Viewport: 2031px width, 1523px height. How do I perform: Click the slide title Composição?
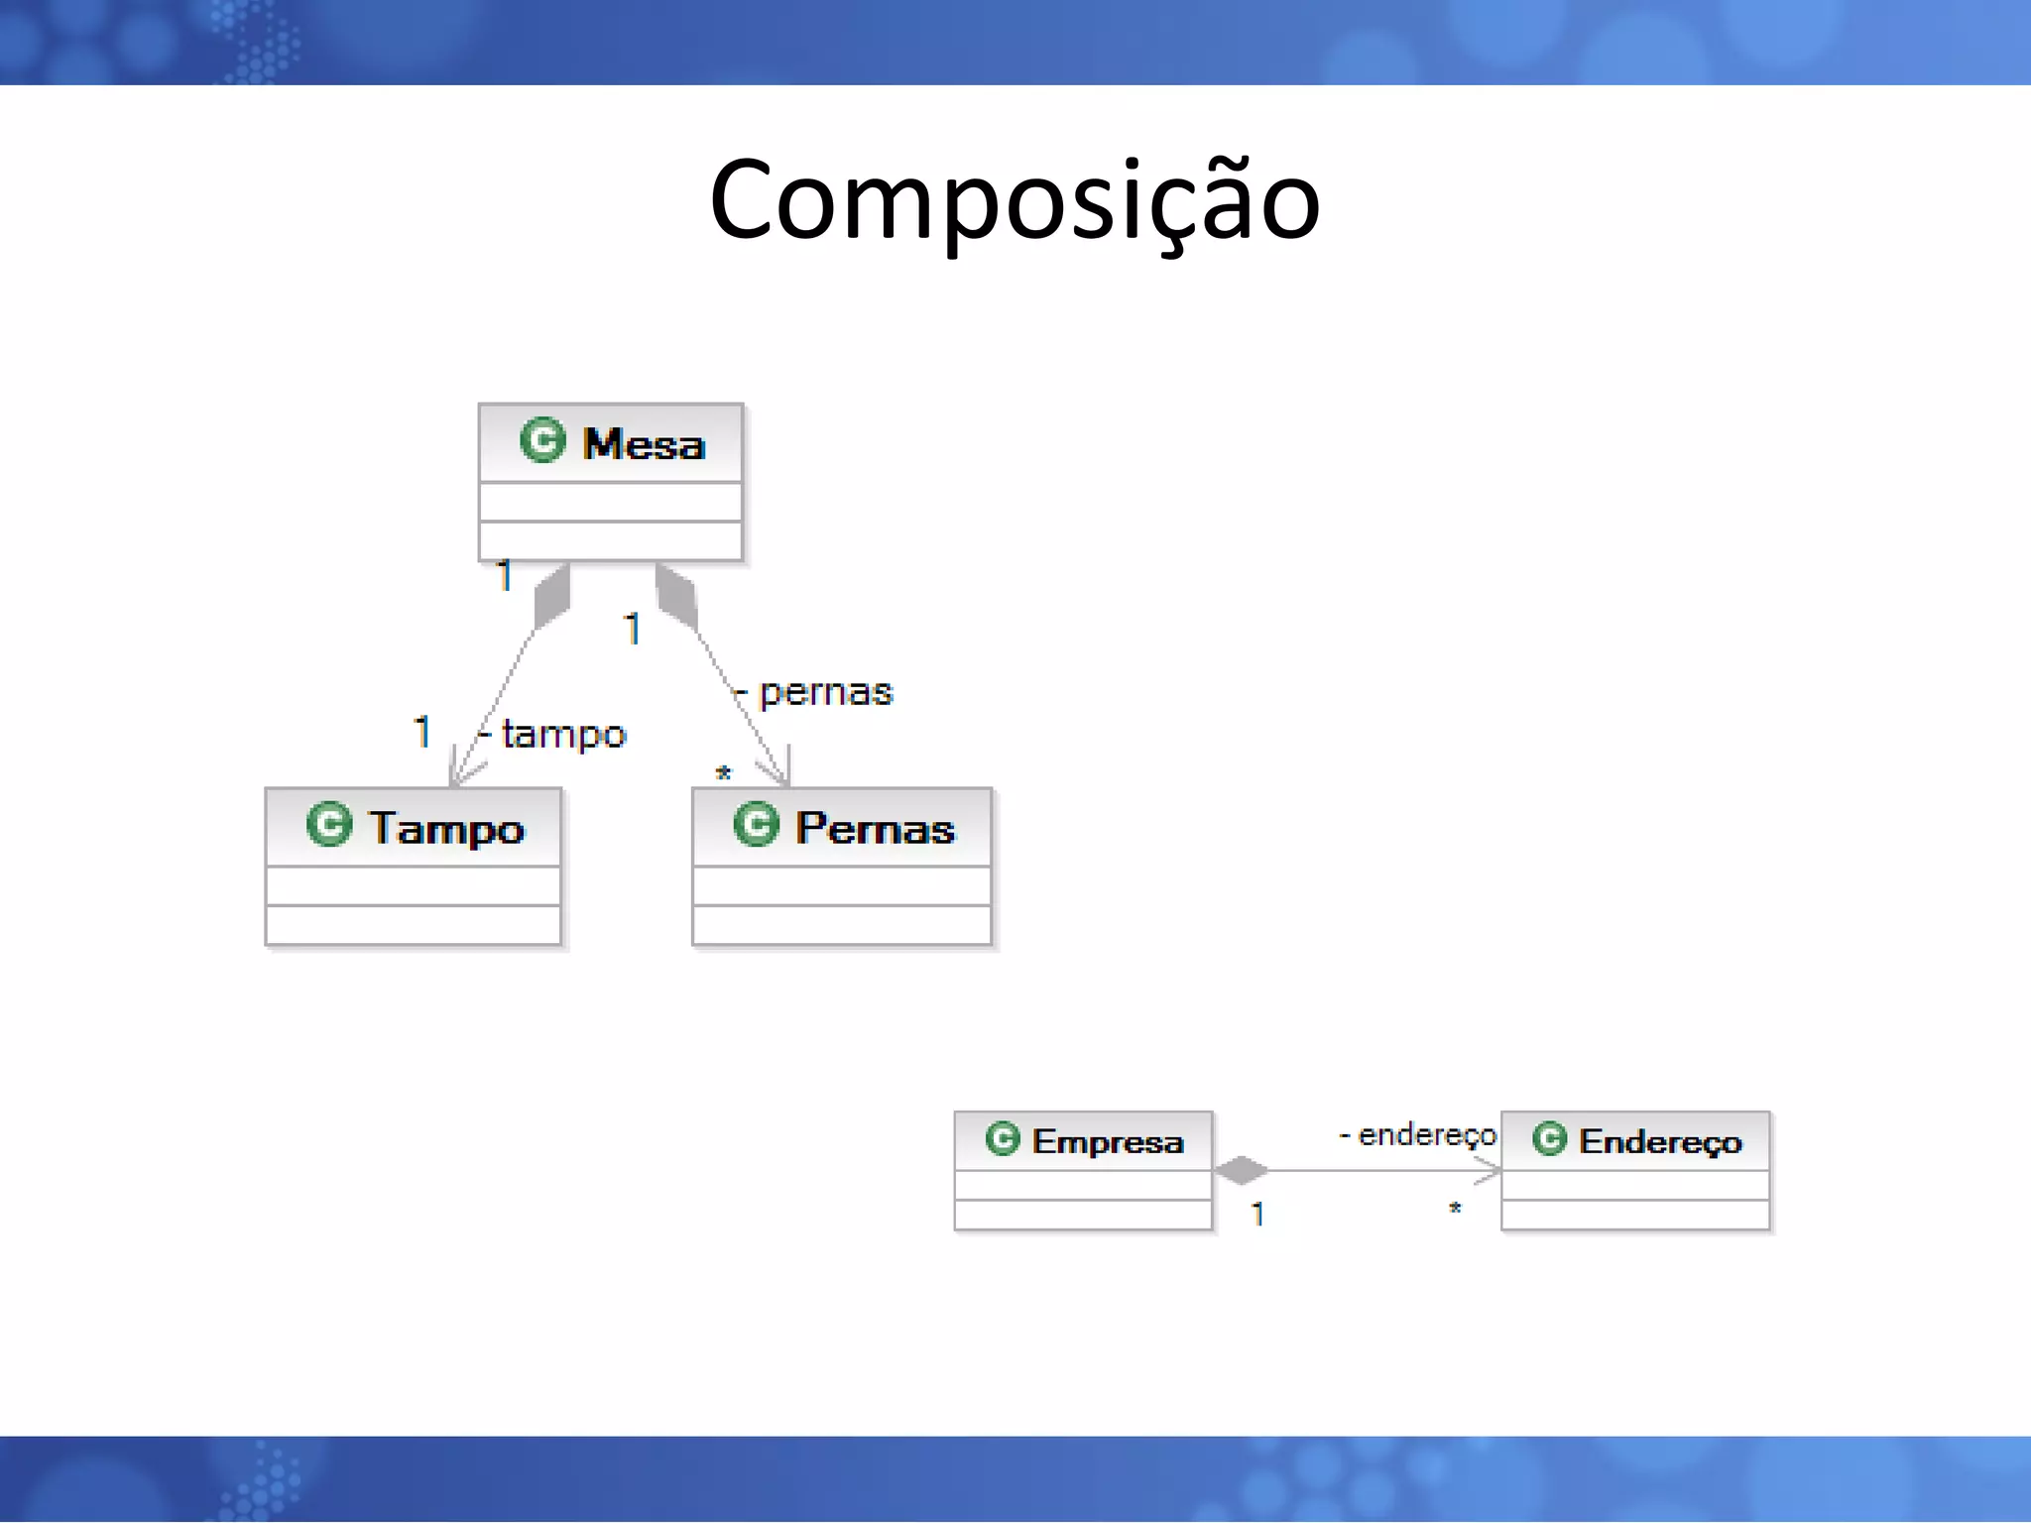1015,201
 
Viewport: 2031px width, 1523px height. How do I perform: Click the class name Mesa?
644,444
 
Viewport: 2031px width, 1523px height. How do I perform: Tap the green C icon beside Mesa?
542,440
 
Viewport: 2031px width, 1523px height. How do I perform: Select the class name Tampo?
446,828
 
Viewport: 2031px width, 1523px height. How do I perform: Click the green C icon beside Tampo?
329,824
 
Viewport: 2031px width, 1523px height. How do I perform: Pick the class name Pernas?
875,828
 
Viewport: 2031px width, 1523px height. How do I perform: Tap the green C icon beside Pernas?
756,824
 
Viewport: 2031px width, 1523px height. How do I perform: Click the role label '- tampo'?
553,735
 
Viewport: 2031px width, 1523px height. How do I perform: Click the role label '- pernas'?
815,692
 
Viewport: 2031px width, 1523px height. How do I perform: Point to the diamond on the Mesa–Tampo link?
552,595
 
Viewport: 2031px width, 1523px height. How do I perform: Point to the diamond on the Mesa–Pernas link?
677,595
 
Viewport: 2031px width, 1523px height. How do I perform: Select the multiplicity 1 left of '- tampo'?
422,733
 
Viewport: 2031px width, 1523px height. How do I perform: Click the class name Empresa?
1108,1141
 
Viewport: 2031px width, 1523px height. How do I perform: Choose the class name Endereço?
1660,1141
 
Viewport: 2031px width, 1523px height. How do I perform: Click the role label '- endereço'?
1418,1134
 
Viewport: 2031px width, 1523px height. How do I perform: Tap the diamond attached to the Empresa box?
1242,1171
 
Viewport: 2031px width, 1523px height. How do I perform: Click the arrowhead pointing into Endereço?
1488,1171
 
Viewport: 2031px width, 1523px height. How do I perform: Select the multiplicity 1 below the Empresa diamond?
1257,1214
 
